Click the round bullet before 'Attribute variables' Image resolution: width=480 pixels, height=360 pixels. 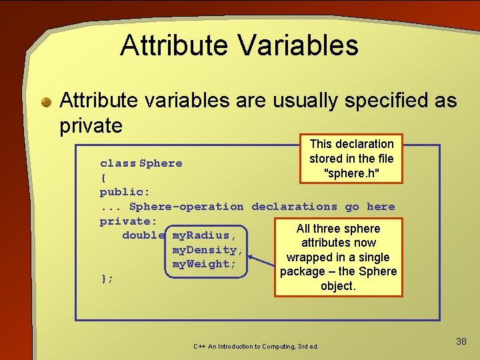tap(46, 102)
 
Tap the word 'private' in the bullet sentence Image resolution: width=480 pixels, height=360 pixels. tap(91, 125)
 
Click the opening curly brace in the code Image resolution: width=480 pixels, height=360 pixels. tap(103, 178)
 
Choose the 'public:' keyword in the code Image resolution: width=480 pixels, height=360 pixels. tap(125, 193)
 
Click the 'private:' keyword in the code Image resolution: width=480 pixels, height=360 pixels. tap(128, 221)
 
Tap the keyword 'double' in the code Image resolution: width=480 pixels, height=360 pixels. tap(143, 235)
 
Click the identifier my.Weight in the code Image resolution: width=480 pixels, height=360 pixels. tap(204, 264)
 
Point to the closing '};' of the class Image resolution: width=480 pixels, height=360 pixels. tap(107, 279)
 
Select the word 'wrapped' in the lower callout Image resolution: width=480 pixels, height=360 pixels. tap(309, 257)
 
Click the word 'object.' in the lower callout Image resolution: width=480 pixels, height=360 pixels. tap(338, 286)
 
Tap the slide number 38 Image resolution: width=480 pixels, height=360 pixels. tap(461, 341)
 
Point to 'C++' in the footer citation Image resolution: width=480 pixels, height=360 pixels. tap(199, 347)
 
